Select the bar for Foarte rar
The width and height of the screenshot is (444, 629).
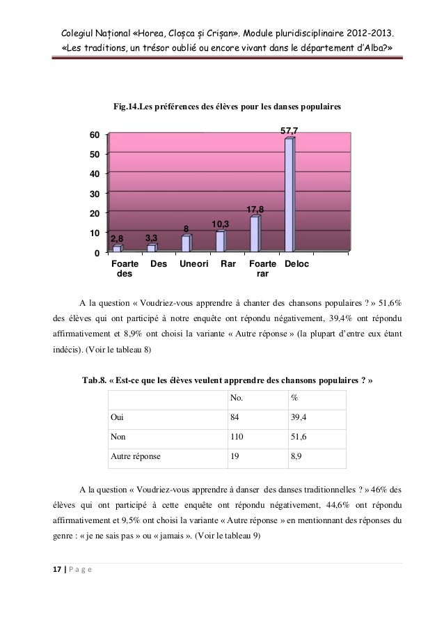[255, 233]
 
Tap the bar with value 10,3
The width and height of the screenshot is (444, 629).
[220, 240]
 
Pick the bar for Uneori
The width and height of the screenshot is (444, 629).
[186, 243]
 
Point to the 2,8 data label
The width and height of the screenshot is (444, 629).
[117, 238]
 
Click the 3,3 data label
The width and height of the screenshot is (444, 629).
[152, 238]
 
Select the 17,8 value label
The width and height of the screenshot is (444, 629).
[256, 209]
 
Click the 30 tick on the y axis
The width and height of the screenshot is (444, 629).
[93, 194]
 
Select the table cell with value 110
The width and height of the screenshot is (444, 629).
[238, 436]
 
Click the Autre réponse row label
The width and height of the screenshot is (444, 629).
[135, 457]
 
